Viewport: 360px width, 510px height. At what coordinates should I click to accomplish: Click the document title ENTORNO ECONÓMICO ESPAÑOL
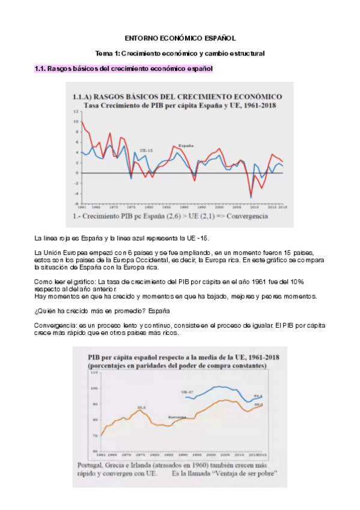[x=180, y=37]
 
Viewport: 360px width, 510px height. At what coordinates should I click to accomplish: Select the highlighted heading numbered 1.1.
[x=124, y=69]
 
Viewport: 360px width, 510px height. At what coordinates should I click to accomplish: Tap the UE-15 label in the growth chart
[x=145, y=150]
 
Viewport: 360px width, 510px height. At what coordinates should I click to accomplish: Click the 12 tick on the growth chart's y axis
[x=76, y=111]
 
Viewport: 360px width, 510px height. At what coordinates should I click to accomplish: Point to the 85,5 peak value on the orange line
[x=141, y=407]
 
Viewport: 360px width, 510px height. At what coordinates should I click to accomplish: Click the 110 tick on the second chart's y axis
[x=94, y=373]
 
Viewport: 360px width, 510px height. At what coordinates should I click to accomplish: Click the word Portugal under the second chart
[x=91, y=465]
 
